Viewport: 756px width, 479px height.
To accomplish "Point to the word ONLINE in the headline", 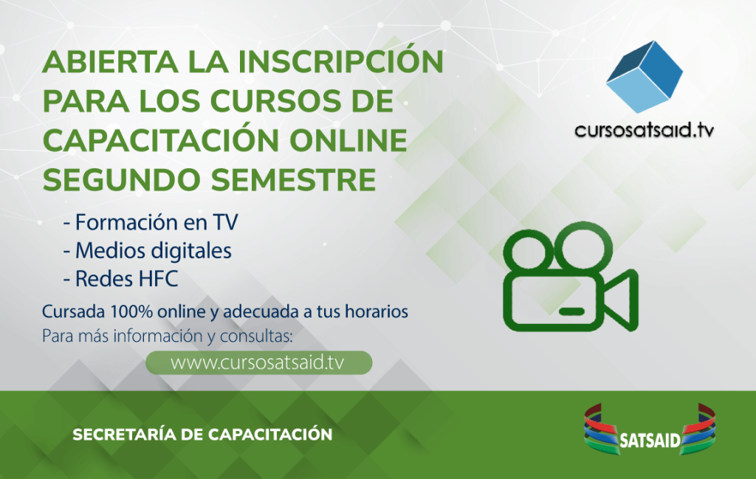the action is pyautogui.click(x=348, y=140).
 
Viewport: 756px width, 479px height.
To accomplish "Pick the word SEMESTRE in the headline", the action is pyautogui.click(x=293, y=180).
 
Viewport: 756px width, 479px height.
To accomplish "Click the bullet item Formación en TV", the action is pyautogui.click(x=151, y=222).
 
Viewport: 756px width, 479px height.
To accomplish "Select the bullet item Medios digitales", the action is pyautogui.click(x=148, y=251).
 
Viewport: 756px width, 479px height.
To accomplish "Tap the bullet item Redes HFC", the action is pyautogui.click(x=120, y=278).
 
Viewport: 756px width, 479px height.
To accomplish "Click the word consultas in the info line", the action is pyautogui.click(x=256, y=336).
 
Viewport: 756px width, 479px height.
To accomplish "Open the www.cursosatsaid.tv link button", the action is pyautogui.click(x=259, y=363).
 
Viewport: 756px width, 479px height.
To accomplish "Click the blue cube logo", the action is pyautogui.click(x=644, y=77).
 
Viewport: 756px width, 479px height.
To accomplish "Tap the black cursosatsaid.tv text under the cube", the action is pyautogui.click(x=644, y=130).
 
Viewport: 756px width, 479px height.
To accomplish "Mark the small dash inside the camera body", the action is pyautogui.click(x=572, y=311).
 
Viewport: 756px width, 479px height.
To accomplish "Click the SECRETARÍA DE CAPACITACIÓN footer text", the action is pyautogui.click(x=202, y=434).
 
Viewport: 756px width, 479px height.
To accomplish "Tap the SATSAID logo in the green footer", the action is pyautogui.click(x=650, y=429).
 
